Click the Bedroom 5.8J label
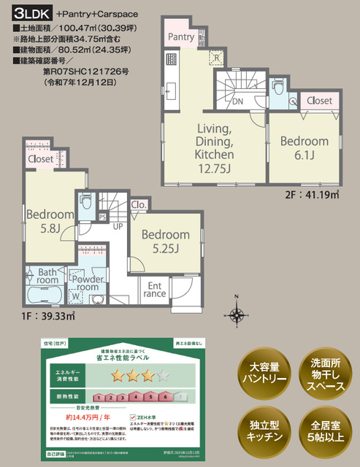[x=51, y=221]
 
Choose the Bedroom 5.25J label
[x=166, y=242]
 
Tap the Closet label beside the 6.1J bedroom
[x=319, y=100]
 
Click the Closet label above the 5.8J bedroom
[x=41, y=158]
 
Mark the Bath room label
[x=47, y=274]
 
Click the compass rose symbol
[x=237, y=314]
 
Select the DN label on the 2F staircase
[x=238, y=101]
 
